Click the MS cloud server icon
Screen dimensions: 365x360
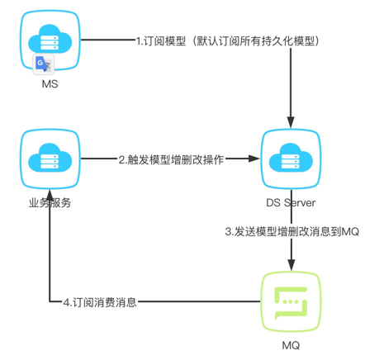[x=50, y=40]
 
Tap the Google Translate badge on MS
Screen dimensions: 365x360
[x=43, y=64]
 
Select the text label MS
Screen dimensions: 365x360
[x=50, y=84]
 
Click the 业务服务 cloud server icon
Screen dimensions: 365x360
[x=50, y=159]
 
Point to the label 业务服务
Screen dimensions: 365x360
[x=50, y=203]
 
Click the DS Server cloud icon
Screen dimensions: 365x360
[x=291, y=159]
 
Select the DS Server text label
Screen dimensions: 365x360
[x=291, y=203]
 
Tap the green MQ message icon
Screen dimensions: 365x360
[x=291, y=301]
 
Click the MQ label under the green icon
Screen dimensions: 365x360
[x=291, y=345]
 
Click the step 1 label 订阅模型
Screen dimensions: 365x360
[x=164, y=41]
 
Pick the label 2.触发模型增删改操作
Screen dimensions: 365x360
[x=171, y=159]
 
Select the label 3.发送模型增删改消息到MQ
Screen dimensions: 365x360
[x=292, y=231]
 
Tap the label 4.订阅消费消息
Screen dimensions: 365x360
[x=100, y=302]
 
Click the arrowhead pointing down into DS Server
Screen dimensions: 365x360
[x=291, y=122]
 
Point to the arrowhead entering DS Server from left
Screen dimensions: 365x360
[x=254, y=159]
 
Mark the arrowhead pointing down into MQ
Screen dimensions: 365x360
[x=291, y=265]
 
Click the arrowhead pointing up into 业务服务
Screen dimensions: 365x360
[x=50, y=195]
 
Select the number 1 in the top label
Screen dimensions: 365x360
[x=139, y=41]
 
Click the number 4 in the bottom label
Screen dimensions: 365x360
[x=67, y=302]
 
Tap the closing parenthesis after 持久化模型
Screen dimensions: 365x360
[x=317, y=41]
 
